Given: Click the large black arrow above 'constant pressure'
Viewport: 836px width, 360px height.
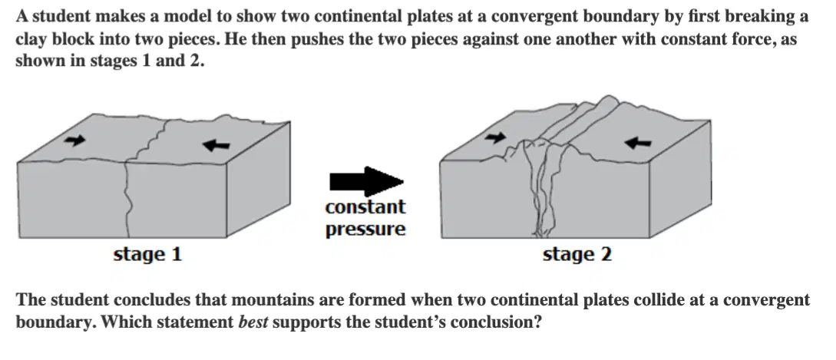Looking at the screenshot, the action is (x=366, y=181).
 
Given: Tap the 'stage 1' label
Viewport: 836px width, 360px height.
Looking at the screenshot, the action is (x=147, y=254).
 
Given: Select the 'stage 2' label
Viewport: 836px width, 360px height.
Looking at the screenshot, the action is (x=577, y=254).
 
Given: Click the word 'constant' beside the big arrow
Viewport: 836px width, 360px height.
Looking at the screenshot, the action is (x=365, y=206).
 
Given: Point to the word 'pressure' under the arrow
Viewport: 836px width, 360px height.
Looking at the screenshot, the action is (x=365, y=229).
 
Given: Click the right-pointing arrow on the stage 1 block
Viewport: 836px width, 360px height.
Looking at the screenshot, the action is (x=74, y=140).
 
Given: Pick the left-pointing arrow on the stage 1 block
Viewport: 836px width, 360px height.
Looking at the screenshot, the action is (x=216, y=144).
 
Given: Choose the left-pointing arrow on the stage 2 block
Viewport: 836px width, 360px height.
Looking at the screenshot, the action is (x=638, y=142).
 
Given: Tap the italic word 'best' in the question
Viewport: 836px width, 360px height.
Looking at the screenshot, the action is (x=253, y=322).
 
